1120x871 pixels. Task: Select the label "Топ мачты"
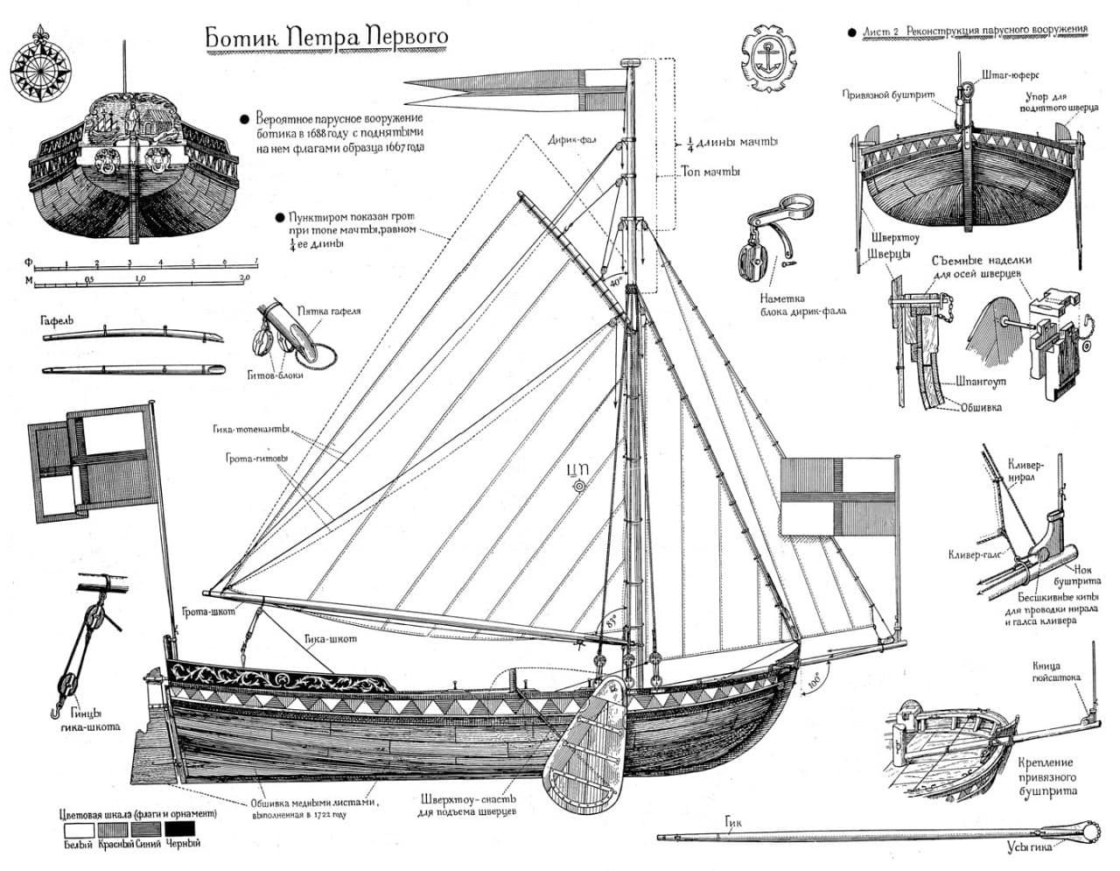point(710,172)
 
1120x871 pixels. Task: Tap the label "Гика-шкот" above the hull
point(332,639)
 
